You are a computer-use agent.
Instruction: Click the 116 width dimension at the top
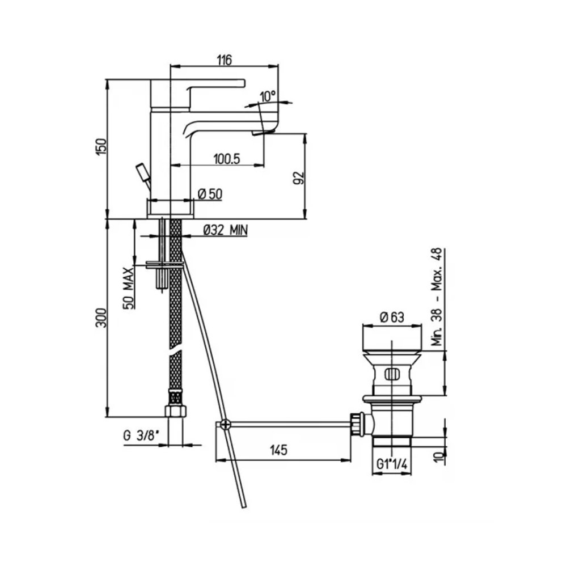pyautogui.click(x=224, y=60)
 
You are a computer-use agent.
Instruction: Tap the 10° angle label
pyautogui.click(x=268, y=96)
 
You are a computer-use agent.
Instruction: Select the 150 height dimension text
pyautogui.click(x=101, y=147)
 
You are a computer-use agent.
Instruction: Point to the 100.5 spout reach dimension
pyautogui.click(x=227, y=159)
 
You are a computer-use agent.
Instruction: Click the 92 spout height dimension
pyautogui.click(x=299, y=178)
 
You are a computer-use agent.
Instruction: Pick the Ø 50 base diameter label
pyautogui.click(x=210, y=194)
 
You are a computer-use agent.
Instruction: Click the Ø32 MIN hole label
pyautogui.click(x=225, y=230)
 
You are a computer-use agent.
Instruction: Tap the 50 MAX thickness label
pyautogui.click(x=129, y=288)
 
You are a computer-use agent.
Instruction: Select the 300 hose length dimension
pyautogui.click(x=101, y=318)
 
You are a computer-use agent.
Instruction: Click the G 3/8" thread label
pyautogui.click(x=141, y=435)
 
